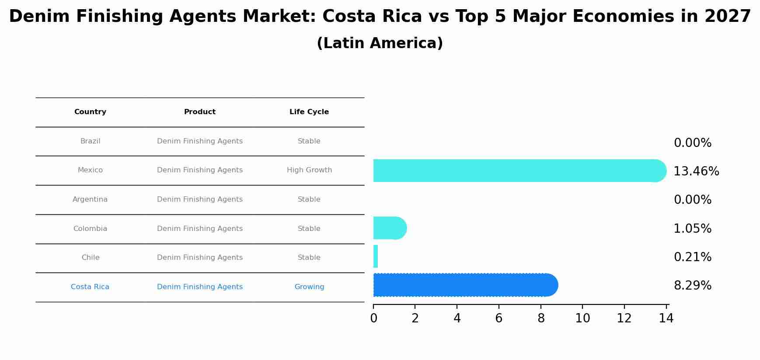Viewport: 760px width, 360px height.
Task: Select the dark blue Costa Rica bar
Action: coord(465,285)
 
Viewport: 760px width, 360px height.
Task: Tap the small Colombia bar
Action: coord(390,228)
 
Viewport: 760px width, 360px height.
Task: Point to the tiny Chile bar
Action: coord(376,256)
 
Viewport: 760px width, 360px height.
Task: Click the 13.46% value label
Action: coord(696,171)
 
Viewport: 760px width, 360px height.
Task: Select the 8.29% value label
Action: coord(692,286)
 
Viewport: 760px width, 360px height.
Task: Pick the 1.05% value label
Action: coord(692,229)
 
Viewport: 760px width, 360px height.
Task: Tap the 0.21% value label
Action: coord(692,257)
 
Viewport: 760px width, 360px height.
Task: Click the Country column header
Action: coord(90,112)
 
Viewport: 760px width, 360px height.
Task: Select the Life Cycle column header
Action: coord(309,112)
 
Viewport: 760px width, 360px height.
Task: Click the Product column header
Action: coord(200,112)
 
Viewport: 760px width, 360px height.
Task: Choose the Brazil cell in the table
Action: coord(90,141)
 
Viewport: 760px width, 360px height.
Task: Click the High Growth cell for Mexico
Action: coord(309,170)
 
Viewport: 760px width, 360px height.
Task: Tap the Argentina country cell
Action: coord(90,199)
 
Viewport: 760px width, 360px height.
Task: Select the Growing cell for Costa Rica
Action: coord(309,287)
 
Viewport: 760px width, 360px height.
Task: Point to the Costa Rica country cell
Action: coord(90,287)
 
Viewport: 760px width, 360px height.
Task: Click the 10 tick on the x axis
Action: coord(582,318)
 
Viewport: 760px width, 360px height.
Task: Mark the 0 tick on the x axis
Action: coord(373,318)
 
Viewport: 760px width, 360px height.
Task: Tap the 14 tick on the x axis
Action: coord(666,318)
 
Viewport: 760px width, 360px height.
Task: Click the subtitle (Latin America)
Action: coord(380,43)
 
